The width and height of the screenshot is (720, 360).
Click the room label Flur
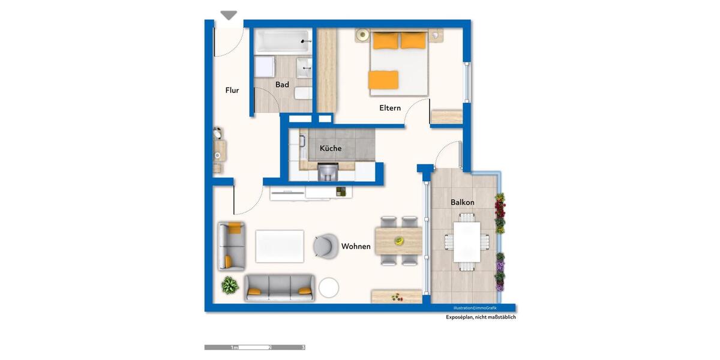point(232,91)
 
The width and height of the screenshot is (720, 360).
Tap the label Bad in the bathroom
point(282,85)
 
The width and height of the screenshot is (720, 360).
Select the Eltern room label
point(390,109)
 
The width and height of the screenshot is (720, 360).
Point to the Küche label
point(331,148)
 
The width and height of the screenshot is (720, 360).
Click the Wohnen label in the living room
point(356,247)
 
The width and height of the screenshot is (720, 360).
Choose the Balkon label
point(463,202)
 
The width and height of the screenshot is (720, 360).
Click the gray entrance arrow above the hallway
point(229,16)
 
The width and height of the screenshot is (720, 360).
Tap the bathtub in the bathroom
point(281,41)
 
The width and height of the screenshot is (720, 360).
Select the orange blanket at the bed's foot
point(383,79)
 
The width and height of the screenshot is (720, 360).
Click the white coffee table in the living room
point(280,246)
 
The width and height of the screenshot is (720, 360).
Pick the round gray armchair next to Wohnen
point(326,245)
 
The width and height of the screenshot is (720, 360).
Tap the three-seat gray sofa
point(280,288)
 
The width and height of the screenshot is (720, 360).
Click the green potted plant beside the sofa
point(229,285)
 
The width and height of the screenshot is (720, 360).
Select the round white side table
point(329,287)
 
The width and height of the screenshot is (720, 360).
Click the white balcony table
point(466,241)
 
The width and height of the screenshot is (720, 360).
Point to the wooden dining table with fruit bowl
point(398,241)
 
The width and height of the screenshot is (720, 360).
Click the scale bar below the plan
point(254,347)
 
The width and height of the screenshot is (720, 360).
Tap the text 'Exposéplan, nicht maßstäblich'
point(481,317)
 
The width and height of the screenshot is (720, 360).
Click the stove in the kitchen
point(327,172)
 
